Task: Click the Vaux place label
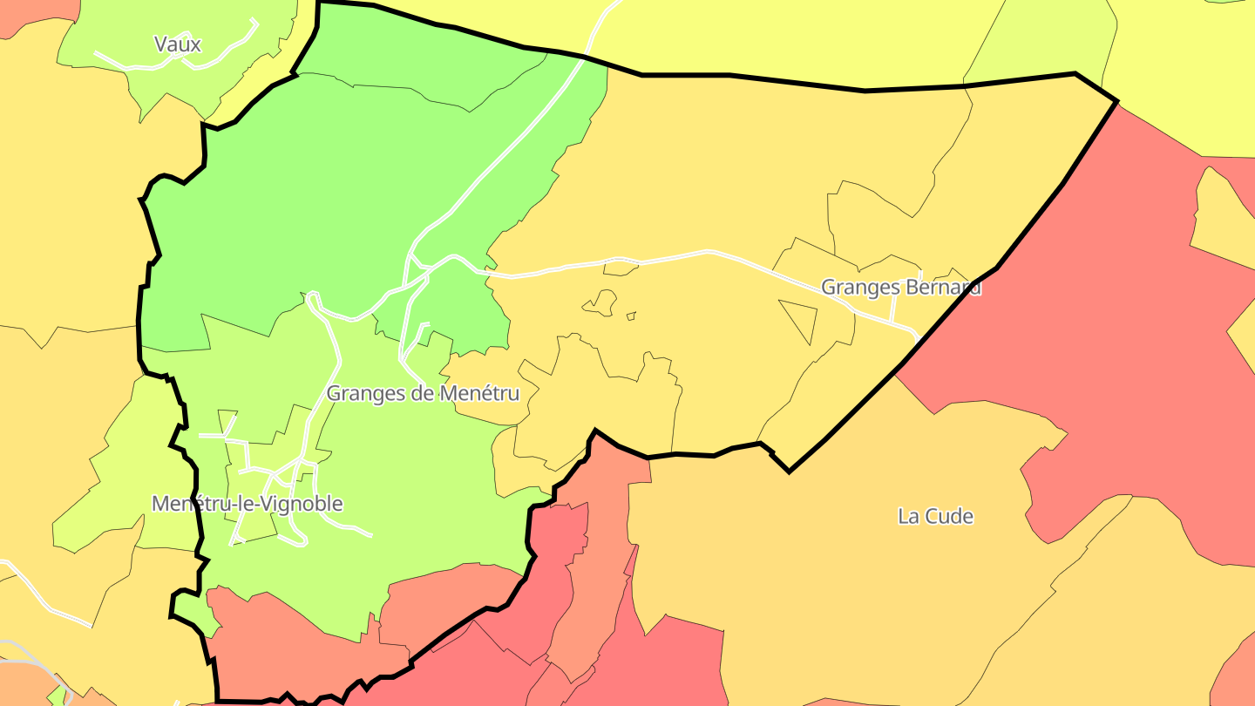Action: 177,44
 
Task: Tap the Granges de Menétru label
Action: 423,393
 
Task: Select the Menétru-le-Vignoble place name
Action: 247,504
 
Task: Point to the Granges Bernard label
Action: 900,287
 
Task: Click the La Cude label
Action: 935,516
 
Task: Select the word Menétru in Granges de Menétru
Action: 479,393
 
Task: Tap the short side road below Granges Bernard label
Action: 892,306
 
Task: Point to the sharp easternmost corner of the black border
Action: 1116,101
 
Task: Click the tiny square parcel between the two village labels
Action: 631,316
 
